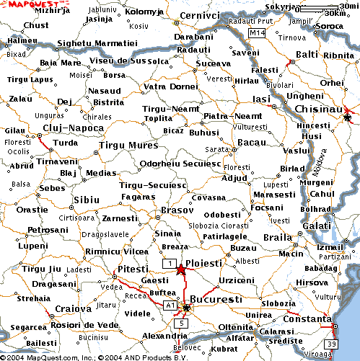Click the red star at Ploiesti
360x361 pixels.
coord(180,269)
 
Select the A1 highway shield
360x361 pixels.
coord(171,306)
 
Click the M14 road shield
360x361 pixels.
coord(258,33)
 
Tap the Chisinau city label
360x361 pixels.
coord(322,108)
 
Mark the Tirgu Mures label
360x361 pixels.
coord(128,145)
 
